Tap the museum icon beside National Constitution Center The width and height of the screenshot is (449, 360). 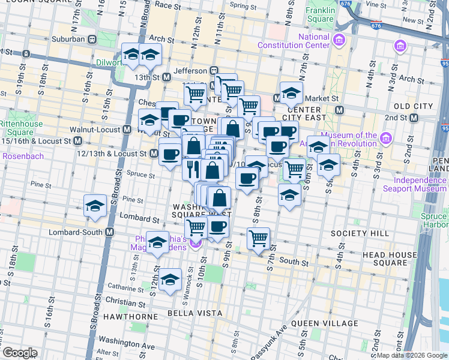coord(339,40)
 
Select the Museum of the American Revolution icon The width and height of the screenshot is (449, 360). coord(386,139)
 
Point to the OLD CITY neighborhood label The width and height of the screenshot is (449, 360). coord(414,106)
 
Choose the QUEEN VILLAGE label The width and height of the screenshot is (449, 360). coord(318,323)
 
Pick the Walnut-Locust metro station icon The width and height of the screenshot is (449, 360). coord(127,129)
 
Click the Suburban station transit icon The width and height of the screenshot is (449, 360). coord(92,39)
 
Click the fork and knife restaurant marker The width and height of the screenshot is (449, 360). coord(192,168)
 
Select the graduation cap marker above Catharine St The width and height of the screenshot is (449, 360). coord(170,280)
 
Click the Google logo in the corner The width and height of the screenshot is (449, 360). coord(20,353)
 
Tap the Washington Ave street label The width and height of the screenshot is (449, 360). coord(122,345)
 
